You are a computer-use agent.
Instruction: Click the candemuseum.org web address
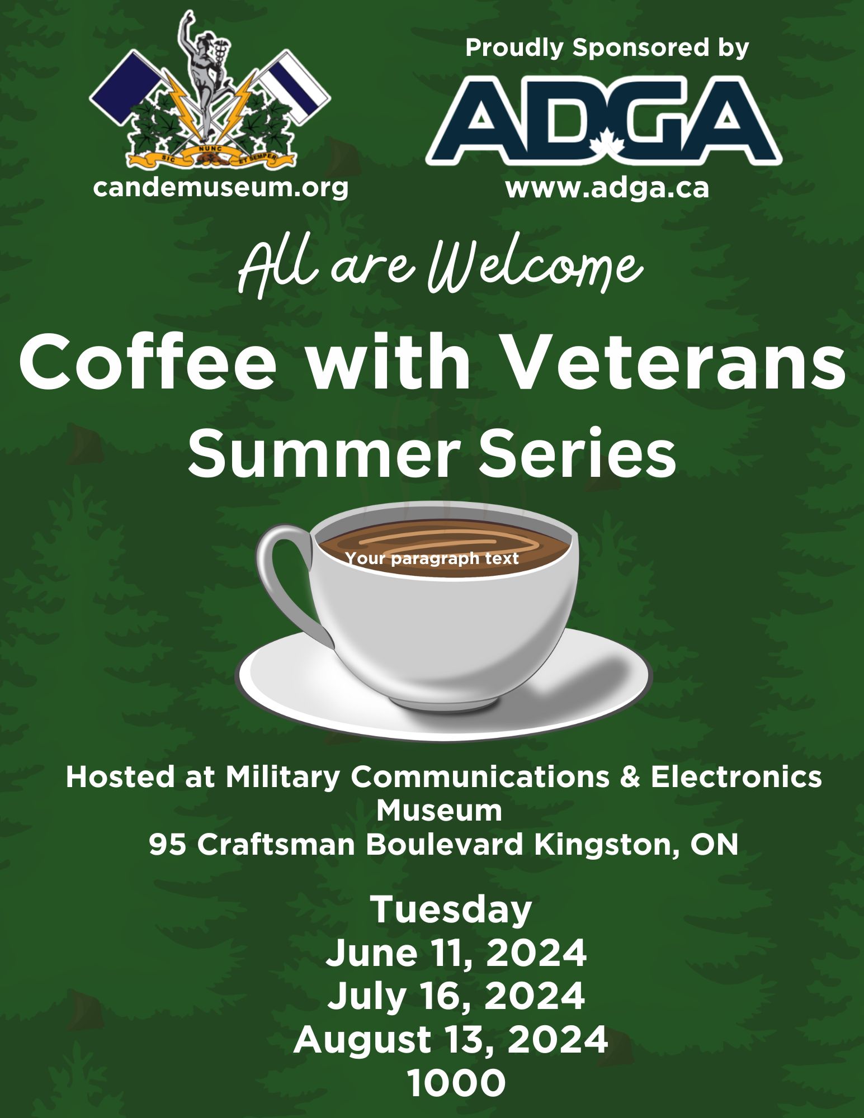[x=221, y=187]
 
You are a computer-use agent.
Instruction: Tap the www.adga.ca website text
[x=607, y=188]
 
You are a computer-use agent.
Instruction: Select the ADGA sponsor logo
[x=604, y=120]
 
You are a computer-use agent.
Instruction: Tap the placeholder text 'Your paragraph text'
[x=432, y=558]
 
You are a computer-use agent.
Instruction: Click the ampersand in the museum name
[x=630, y=777]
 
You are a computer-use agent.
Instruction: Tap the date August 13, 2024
[x=451, y=1039]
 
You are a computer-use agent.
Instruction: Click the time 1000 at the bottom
[x=456, y=1083]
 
